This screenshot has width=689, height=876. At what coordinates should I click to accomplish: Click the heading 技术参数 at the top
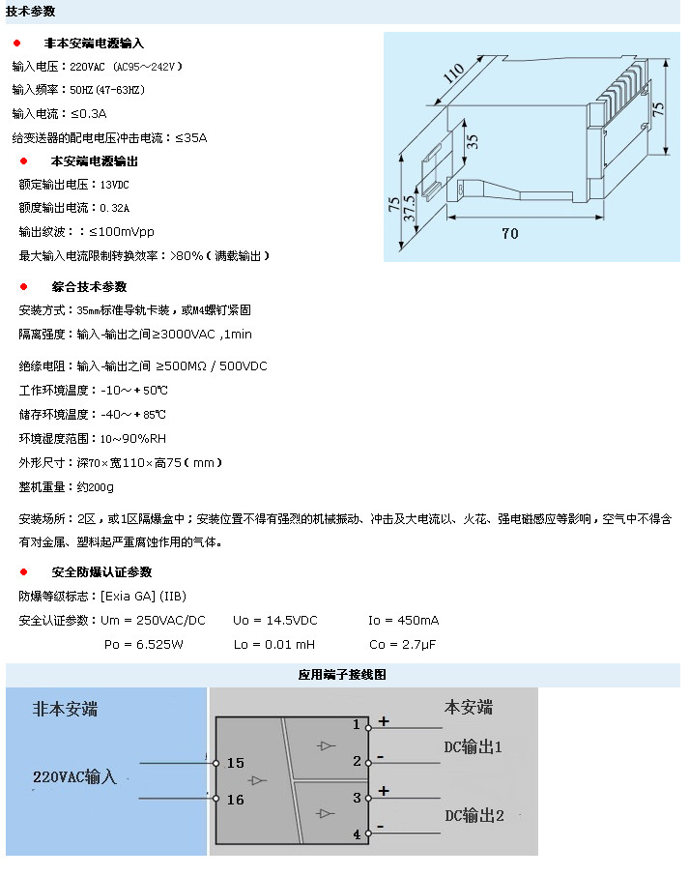tap(31, 12)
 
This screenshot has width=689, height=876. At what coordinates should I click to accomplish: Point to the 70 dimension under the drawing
tap(509, 233)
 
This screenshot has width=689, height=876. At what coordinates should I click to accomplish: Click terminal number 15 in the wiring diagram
tap(236, 763)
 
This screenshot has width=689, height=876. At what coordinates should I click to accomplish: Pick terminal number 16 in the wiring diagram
tap(236, 800)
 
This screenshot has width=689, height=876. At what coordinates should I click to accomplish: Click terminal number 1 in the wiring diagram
tap(357, 724)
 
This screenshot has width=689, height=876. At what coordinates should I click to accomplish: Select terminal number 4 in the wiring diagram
tap(357, 833)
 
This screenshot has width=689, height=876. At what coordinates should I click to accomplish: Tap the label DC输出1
tap(474, 746)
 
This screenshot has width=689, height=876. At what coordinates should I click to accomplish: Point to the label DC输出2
tap(474, 814)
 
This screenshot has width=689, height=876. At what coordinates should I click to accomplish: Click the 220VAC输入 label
tap(74, 776)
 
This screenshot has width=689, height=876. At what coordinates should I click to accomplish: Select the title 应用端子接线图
tap(343, 675)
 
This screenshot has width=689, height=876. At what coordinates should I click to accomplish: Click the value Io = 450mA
tap(404, 620)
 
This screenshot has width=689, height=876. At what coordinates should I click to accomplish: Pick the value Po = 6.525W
tap(143, 644)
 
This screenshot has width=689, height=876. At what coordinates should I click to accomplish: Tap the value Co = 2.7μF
tap(403, 644)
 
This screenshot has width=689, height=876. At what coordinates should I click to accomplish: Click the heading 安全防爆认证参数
tap(101, 572)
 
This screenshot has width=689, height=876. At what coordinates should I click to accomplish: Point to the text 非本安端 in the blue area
tap(66, 709)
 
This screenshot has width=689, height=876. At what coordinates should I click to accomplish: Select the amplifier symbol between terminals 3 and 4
tap(326, 813)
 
